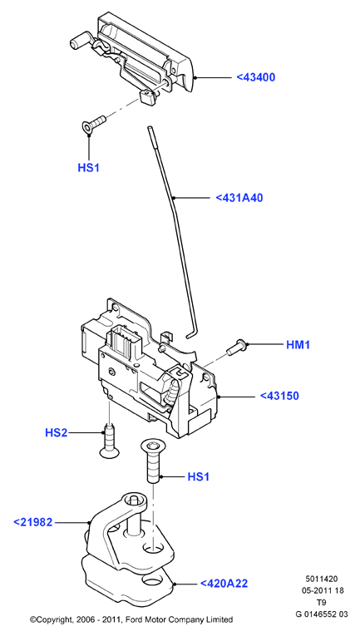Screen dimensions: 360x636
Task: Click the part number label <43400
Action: [256, 77]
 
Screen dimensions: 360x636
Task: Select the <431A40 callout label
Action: [239, 198]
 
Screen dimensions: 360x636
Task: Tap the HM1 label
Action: [298, 345]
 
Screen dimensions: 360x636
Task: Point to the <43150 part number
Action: [279, 396]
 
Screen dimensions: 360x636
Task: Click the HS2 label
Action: [56, 433]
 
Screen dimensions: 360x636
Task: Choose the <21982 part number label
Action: [33, 522]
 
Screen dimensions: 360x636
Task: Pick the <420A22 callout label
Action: [224, 584]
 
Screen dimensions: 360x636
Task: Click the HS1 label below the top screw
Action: [88, 167]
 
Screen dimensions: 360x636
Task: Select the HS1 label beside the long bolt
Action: [198, 476]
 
